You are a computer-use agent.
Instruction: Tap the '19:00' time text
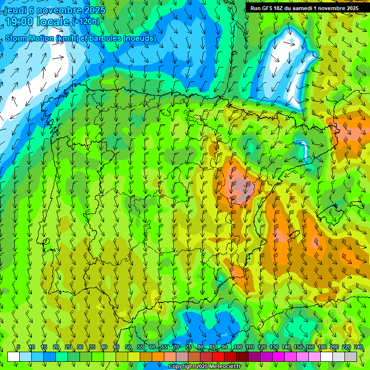tap(19, 22)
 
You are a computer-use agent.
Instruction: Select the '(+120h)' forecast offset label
tap(85, 22)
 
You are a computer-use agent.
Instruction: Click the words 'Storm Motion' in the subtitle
tap(29, 39)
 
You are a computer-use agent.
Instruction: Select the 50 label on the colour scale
tap(128, 347)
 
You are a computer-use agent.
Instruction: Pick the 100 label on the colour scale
tap(238, 347)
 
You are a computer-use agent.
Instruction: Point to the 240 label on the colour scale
tap(358, 347)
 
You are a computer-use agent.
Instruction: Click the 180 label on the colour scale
tap(322, 347)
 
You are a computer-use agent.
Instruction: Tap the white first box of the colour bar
tap(13, 357)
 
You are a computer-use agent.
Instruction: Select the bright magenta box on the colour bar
tap(278, 357)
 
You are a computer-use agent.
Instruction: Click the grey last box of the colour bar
tap(351, 357)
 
